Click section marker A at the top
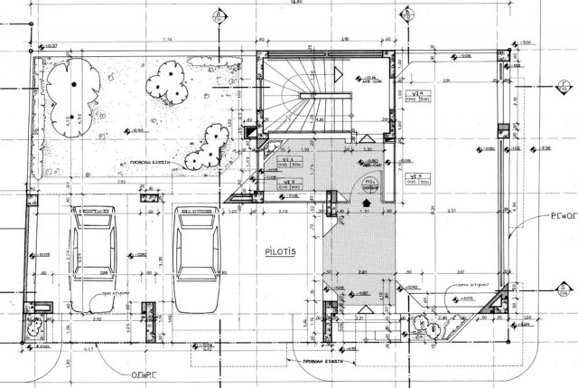point(219,15)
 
